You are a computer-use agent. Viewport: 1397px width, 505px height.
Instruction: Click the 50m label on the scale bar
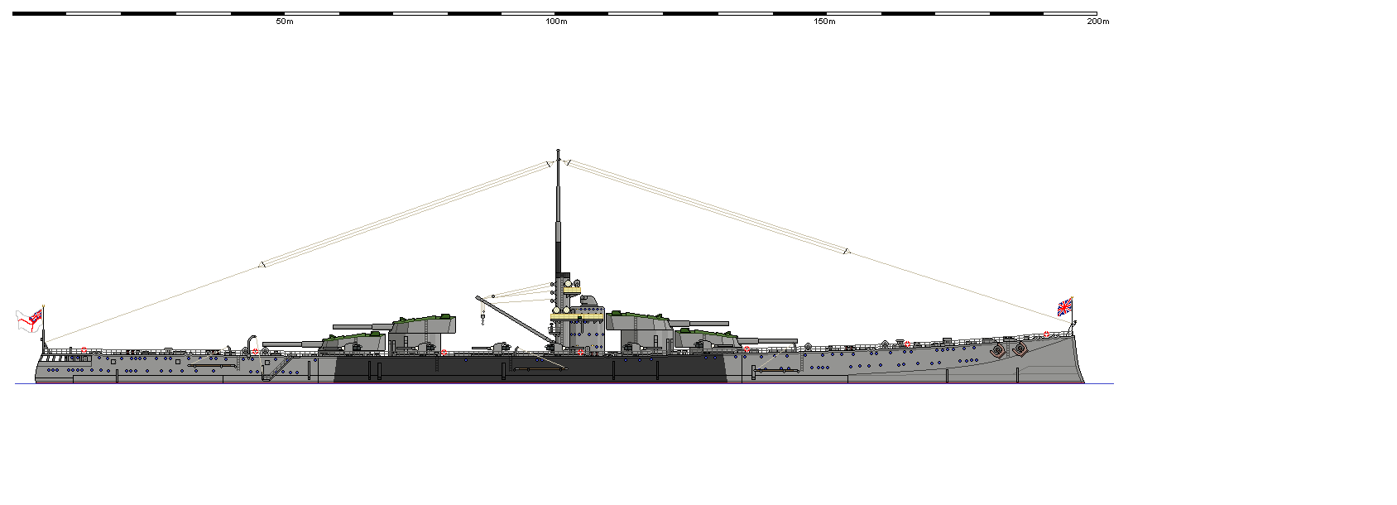pos(284,22)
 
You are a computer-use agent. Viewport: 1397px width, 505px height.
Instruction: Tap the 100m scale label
pos(556,22)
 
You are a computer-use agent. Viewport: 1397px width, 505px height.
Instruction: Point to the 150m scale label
pos(824,22)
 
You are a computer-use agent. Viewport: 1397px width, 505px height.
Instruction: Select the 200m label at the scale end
pos(1097,22)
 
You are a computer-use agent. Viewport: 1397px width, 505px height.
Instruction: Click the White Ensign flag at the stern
pos(29,320)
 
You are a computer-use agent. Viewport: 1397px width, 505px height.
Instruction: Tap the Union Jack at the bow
pos(1064,307)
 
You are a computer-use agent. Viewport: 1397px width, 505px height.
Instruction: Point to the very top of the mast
pos(558,151)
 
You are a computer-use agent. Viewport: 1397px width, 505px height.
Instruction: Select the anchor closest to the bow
pos(1019,349)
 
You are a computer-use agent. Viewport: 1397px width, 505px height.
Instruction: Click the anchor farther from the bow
pos(998,351)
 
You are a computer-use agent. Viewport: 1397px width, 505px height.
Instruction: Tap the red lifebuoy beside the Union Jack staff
pos(1046,334)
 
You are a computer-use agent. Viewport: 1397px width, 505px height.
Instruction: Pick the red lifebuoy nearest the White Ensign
pos(84,350)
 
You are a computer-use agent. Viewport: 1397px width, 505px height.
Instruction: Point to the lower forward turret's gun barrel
pos(768,340)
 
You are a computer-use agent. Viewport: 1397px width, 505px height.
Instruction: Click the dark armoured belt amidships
pos(530,369)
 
